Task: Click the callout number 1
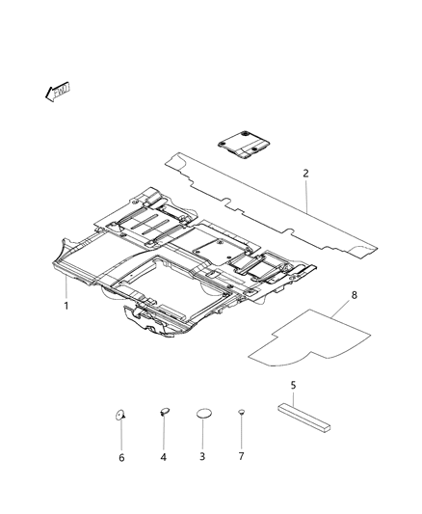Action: [66, 306]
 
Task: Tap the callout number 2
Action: [305, 175]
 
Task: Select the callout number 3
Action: [203, 456]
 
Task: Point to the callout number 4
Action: [164, 456]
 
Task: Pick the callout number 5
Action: [294, 384]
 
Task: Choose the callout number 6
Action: [121, 457]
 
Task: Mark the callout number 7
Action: [241, 456]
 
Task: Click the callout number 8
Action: [356, 296]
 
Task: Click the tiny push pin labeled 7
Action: [241, 412]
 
